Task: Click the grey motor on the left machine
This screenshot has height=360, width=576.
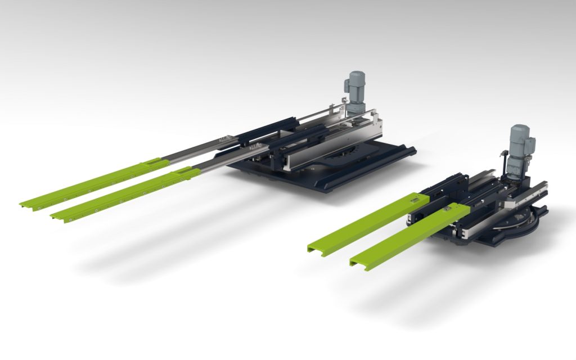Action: pyautogui.click(x=354, y=93)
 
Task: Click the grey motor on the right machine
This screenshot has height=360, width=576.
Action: pyautogui.click(x=518, y=147)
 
